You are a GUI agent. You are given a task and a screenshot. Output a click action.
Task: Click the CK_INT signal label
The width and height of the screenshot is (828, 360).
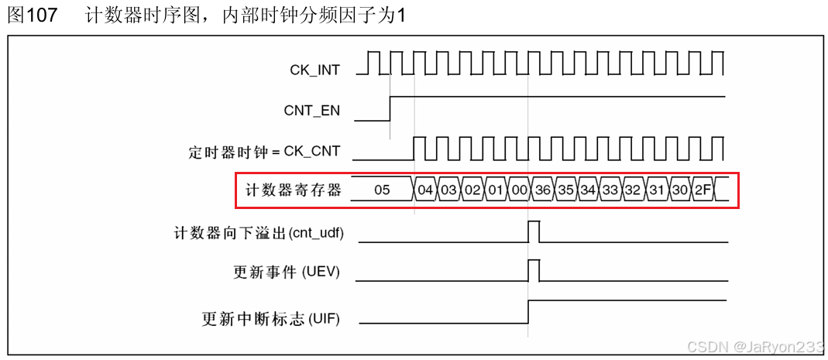314,70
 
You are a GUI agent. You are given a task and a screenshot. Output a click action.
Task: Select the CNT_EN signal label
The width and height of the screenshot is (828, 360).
311,111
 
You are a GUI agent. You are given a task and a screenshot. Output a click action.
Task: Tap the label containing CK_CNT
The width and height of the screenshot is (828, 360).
264,151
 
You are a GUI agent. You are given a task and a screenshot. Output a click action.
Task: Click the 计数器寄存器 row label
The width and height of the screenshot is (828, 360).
293,190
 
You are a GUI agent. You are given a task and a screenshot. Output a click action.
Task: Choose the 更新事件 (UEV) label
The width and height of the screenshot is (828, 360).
286,273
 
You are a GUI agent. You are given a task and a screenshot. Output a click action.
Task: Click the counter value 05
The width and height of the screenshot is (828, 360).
382,190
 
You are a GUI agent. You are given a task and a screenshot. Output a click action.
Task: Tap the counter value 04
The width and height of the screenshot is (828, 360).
425,190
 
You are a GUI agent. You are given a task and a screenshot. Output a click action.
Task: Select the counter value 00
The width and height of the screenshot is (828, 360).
519,190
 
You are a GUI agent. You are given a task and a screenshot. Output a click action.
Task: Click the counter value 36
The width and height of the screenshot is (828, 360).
541,190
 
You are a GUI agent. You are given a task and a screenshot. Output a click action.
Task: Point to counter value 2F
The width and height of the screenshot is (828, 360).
703,190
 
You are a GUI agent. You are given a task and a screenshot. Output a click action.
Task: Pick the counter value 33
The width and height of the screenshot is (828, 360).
610,190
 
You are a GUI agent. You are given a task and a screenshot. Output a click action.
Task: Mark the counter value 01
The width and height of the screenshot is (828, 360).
496,190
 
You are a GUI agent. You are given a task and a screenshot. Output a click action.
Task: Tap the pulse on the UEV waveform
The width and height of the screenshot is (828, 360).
534,271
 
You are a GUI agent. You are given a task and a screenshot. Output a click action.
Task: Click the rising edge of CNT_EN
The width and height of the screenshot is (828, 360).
390,109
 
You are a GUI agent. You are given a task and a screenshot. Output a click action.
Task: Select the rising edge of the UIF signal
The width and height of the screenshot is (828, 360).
528,311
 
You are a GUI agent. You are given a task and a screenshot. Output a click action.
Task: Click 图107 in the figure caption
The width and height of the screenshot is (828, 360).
32,15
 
